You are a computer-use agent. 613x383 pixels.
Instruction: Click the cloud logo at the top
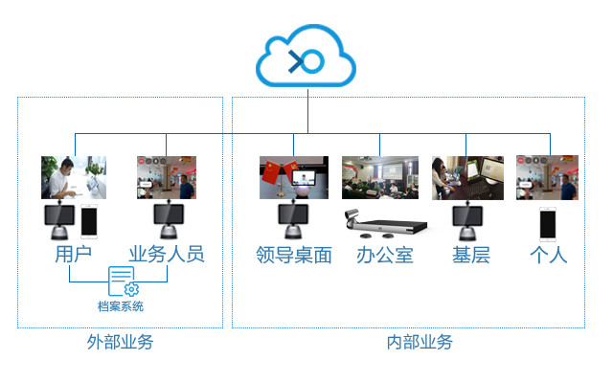306,56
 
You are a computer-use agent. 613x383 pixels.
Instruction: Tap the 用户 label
74,255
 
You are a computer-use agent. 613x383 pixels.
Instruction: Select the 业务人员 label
167,255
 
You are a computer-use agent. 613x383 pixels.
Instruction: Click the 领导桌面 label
294,256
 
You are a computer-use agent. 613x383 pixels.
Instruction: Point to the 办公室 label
385,256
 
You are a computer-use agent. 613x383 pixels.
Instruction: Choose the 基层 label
471,256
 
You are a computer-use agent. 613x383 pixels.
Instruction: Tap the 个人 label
549,256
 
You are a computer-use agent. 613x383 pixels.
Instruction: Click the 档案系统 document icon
124,282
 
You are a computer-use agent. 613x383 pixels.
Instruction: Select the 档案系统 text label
121,306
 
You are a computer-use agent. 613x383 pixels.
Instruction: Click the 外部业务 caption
120,343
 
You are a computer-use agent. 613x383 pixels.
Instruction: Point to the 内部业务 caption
420,343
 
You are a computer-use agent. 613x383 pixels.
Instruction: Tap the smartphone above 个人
548,224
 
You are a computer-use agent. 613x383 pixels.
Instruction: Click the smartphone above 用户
89,221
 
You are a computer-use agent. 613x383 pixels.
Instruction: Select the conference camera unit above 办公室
386,224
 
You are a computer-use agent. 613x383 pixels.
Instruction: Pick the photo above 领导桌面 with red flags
294,177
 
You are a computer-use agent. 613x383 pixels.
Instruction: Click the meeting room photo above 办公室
380,177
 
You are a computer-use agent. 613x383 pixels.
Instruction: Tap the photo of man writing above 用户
74,177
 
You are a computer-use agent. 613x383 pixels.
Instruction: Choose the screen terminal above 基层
467,221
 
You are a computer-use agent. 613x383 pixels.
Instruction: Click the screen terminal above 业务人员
169,219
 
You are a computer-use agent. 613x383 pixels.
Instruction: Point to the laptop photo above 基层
467,178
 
